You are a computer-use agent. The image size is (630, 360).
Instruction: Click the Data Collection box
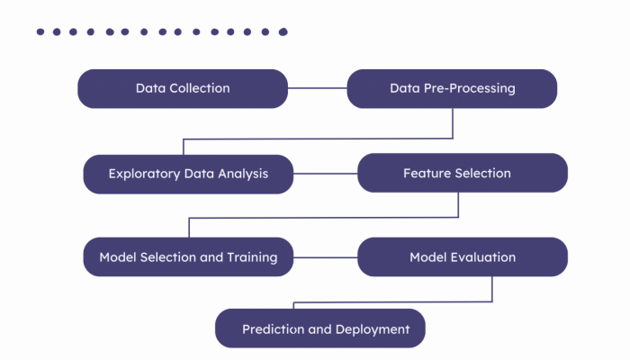[183, 88]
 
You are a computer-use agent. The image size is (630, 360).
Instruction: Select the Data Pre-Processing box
[452, 88]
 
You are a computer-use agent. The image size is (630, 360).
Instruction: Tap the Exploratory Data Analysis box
[188, 173]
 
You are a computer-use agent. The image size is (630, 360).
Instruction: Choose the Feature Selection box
[463, 173]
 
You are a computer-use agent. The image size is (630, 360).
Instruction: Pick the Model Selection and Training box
[188, 257]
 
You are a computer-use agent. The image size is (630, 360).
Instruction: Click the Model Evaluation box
[463, 257]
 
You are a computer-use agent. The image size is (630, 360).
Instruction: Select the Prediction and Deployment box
[319, 328]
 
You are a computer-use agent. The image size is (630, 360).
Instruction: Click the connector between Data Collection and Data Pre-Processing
[317, 88]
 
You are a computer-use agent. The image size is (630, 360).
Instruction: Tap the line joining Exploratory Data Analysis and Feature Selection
[325, 173]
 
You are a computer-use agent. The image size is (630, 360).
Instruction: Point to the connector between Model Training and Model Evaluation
[325, 257]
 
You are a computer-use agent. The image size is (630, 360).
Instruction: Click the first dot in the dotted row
[40, 31]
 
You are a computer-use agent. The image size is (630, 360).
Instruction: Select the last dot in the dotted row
[283, 31]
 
